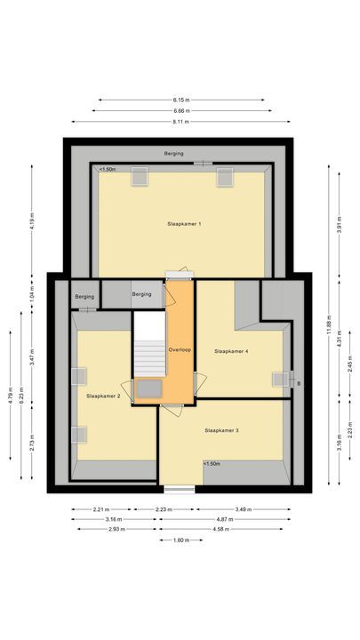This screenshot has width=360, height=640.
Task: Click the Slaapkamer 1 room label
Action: (x=183, y=223)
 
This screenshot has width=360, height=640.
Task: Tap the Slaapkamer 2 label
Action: (x=103, y=395)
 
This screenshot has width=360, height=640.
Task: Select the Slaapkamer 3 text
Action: (x=221, y=430)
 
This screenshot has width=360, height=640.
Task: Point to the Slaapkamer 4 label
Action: (x=231, y=351)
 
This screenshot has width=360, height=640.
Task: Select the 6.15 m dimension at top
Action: (x=180, y=100)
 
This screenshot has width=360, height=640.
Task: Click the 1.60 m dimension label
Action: (x=180, y=540)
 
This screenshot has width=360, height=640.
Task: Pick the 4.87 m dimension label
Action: (x=237, y=519)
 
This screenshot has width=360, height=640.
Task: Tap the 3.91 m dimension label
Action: (x=339, y=226)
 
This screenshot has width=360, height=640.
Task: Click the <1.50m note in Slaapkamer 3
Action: (x=212, y=463)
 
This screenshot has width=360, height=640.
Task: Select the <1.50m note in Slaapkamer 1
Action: (x=108, y=169)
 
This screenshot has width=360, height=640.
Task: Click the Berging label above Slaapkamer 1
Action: (x=174, y=154)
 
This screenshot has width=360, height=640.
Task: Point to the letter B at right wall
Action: (x=298, y=384)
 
